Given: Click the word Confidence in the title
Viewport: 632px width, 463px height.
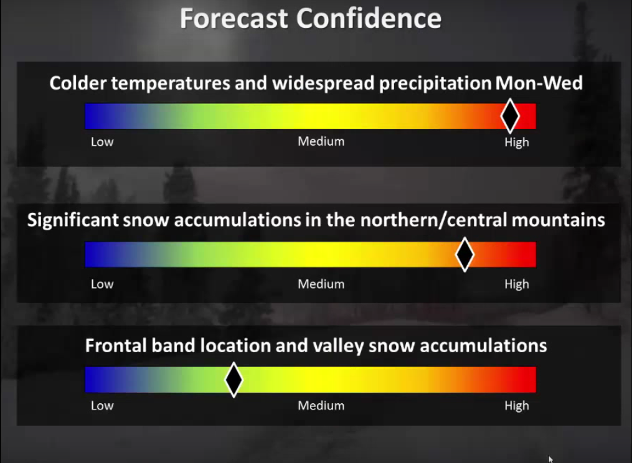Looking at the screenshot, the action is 369,19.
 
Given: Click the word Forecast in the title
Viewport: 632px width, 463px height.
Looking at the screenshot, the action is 234,19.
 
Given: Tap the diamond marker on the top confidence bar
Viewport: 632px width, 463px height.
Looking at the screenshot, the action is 510,116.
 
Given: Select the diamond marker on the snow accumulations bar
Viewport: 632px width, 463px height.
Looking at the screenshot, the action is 465,255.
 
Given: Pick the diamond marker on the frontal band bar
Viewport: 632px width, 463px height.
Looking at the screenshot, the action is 233,380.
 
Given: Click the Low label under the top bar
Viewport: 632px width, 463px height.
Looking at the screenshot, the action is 102,142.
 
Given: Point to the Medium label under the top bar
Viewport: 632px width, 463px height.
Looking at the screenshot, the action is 321,141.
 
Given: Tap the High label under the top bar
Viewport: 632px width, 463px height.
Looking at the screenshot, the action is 517,143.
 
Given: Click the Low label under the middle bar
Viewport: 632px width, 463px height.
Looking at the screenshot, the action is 102,284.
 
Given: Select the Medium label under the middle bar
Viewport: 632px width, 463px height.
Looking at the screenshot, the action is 321,284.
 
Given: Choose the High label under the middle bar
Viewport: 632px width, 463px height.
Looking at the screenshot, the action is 517,284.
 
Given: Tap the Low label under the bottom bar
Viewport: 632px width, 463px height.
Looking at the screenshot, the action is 102,405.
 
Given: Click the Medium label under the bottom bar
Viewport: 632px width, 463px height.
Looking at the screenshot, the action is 321,405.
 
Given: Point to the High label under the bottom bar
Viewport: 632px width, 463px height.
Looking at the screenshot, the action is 517,406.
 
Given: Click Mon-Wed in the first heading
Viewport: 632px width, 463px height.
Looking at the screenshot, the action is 539,83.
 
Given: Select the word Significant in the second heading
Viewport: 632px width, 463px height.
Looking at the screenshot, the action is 73,220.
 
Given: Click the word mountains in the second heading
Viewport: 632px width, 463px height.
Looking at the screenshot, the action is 559,220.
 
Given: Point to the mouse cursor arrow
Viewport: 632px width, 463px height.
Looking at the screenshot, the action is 550,459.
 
